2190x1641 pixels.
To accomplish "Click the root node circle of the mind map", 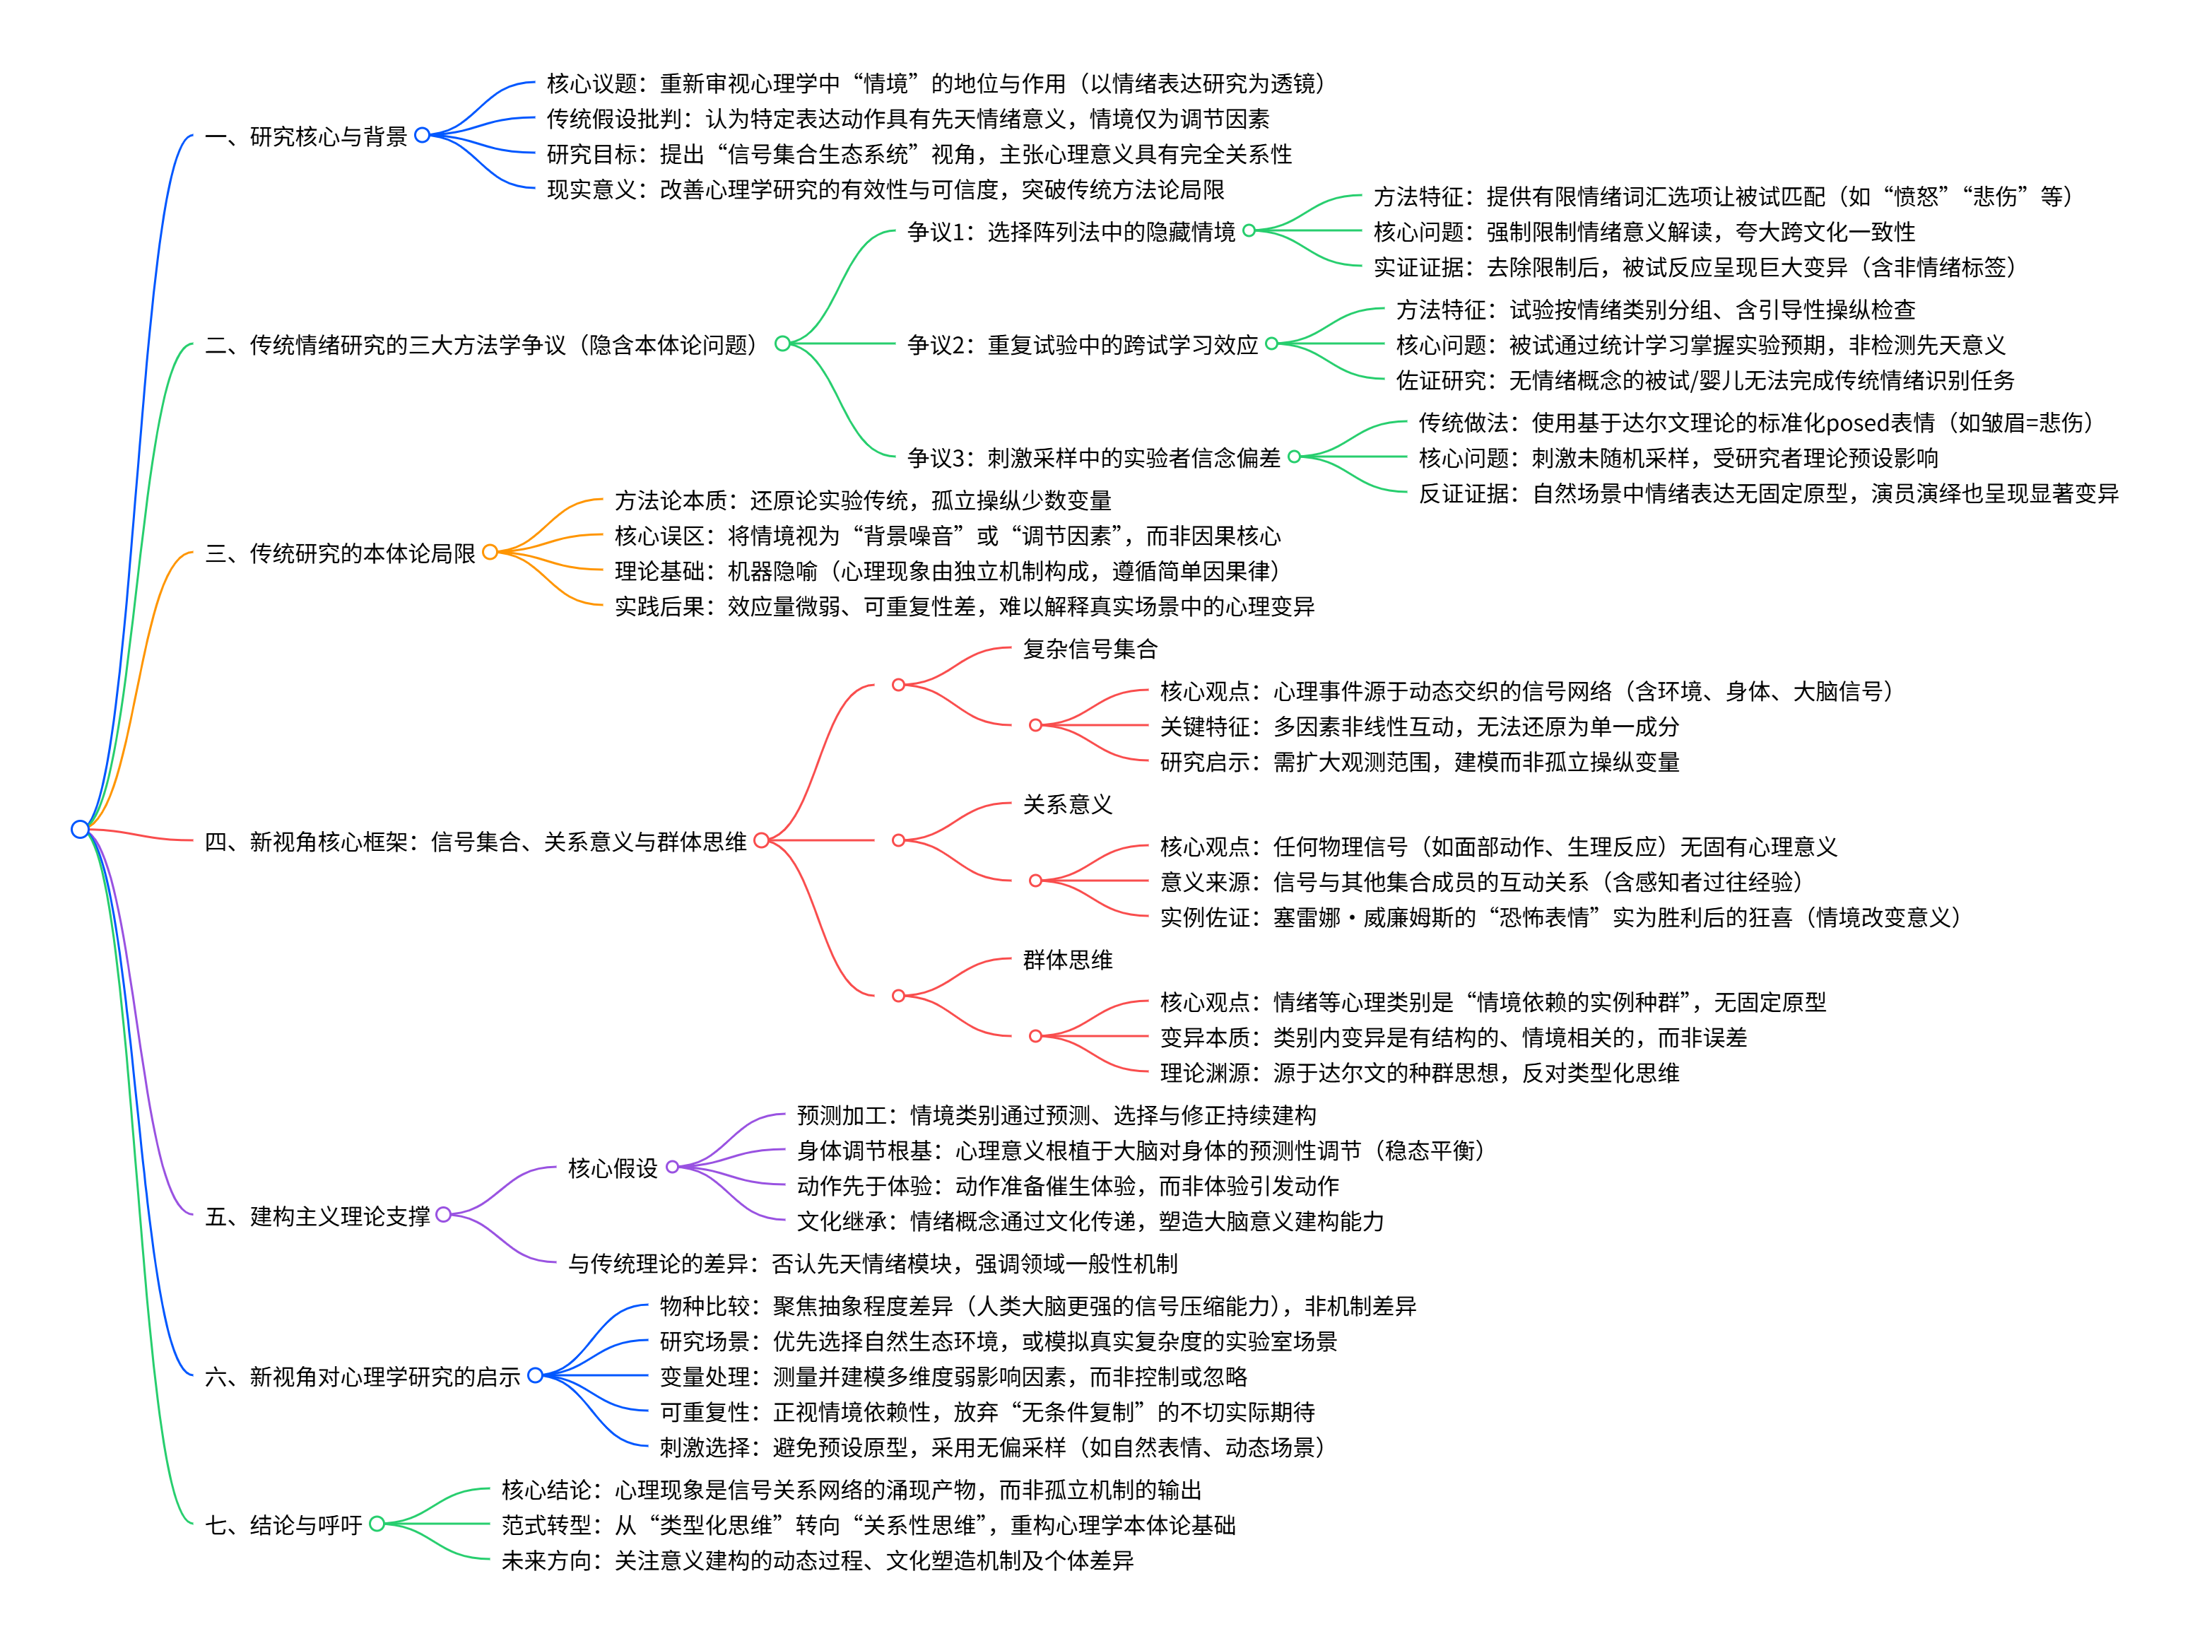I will [80, 829].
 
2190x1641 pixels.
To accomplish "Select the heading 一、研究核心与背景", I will [306, 136].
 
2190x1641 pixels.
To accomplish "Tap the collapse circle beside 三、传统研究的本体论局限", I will [490, 552].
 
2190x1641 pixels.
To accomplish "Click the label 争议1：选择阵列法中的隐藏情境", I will [1071, 232].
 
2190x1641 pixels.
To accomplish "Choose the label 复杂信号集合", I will [1090, 649].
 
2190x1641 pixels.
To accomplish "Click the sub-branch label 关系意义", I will [1067, 804].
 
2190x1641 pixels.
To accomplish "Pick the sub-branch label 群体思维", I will [1067, 960].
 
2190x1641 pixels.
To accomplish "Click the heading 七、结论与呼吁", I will [283, 1525].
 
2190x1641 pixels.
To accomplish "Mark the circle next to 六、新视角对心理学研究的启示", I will [536, 1375].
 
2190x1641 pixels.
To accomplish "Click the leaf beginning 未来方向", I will [817, 1560].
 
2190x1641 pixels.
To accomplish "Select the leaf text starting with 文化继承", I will [1090, 1221].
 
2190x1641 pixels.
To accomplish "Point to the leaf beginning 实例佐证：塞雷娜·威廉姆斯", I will [1560, 917].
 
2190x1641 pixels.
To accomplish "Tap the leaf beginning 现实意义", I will [885, 189].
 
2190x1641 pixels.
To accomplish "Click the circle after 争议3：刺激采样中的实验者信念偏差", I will [1294, 457].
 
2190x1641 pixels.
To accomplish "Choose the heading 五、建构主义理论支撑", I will [317, 1216].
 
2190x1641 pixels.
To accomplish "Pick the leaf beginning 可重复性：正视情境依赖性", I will [987, 1411].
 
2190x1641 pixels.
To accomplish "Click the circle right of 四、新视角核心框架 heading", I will [761, 841].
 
